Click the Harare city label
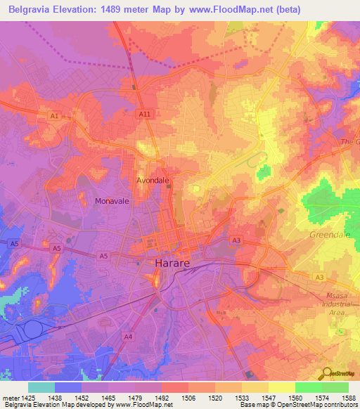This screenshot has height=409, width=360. [x=172, y=264]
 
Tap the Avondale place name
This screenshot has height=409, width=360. [x=153, y=180]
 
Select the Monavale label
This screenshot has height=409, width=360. [x=112, y=201]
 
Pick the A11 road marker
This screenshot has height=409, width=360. [x=145, y=114]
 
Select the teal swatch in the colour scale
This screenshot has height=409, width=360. [x=41, y=387]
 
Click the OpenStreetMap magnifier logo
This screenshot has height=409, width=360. [x=327, y=374]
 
